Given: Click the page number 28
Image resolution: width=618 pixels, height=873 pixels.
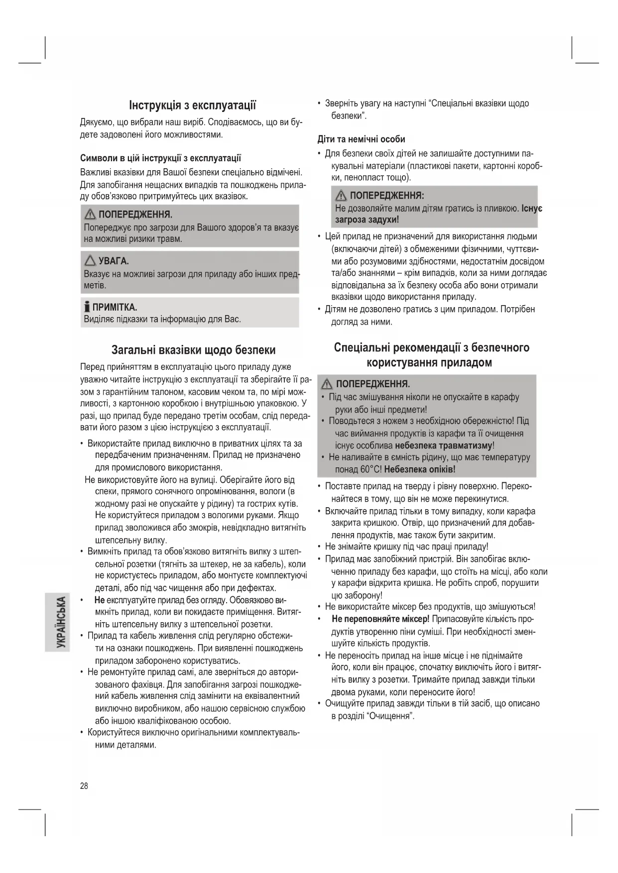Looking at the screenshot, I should pyautogui.click(x=84, y=785).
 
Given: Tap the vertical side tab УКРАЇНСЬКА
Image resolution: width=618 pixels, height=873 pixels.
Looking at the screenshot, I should pyautogui.click(x=60, y=622).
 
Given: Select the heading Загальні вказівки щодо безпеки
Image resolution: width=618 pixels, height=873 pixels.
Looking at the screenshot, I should pyautogui.click(x=193, y=349).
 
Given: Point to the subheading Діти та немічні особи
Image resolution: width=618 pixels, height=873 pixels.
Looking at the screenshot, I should pyautogui.click(x=361, y=139).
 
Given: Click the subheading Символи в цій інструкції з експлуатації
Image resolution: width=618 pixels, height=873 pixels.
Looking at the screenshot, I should pyautogui.click(x=160, y=158).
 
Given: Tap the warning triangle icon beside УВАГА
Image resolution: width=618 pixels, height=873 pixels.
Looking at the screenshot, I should pyautogui.click(x=90, y=260).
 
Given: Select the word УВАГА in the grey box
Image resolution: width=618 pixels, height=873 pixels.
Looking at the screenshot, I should pyautogui.click(x=114, y=261).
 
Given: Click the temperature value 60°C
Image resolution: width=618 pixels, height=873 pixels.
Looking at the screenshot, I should pyautogui.click(x=371, y=469).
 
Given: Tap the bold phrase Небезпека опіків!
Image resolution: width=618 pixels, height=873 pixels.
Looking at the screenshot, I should pyautogui.click(x=420, y=469).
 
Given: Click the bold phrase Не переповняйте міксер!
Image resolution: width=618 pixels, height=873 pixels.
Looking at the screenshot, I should pyautogui.click(x=380, y=619).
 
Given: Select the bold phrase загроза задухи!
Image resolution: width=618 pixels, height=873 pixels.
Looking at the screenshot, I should pyautogui.click(x=367, y=219).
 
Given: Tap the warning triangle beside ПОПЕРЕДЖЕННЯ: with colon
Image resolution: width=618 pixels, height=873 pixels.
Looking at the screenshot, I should pyautogui.click(x=341, y=196).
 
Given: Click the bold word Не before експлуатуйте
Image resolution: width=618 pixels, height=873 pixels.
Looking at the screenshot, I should pyautogui.click(x=99, y=600).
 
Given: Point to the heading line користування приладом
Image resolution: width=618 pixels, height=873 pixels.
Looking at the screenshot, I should pyautogui.click(x=429, y=362).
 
